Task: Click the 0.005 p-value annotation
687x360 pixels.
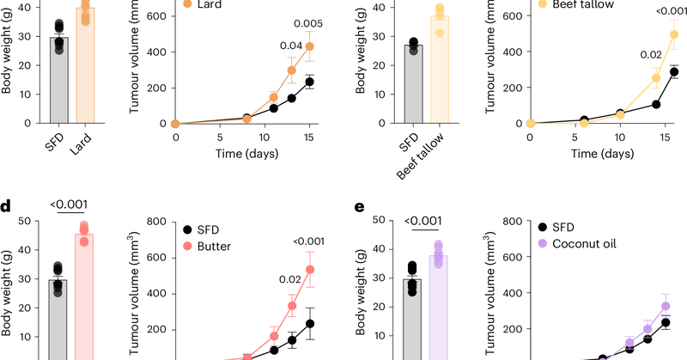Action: [309, 23]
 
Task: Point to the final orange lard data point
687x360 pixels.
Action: [309, 46]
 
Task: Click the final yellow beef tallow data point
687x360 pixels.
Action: [675, 34]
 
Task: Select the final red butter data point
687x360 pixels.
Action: [309, 269]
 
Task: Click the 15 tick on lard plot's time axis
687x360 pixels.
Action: [309, 137]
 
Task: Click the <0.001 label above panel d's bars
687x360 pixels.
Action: [70, 204]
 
